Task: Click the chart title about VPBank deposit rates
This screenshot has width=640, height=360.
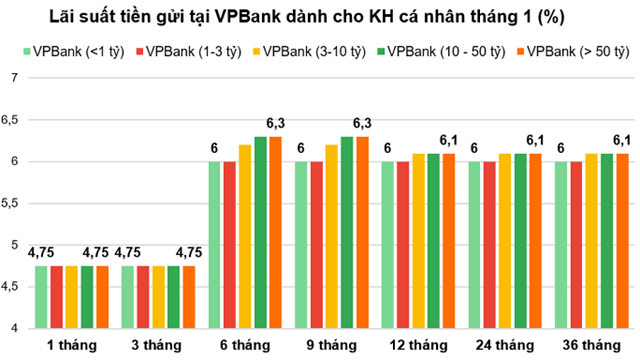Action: [320, 18]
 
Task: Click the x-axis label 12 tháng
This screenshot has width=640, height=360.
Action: [418, 345]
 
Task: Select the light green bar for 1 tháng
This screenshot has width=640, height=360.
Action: [42, 296]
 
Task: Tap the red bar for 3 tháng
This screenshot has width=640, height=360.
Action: [144, 296]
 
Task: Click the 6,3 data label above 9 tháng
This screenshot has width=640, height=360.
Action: [363, 123]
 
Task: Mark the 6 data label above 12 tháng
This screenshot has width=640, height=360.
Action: [386, 148]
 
